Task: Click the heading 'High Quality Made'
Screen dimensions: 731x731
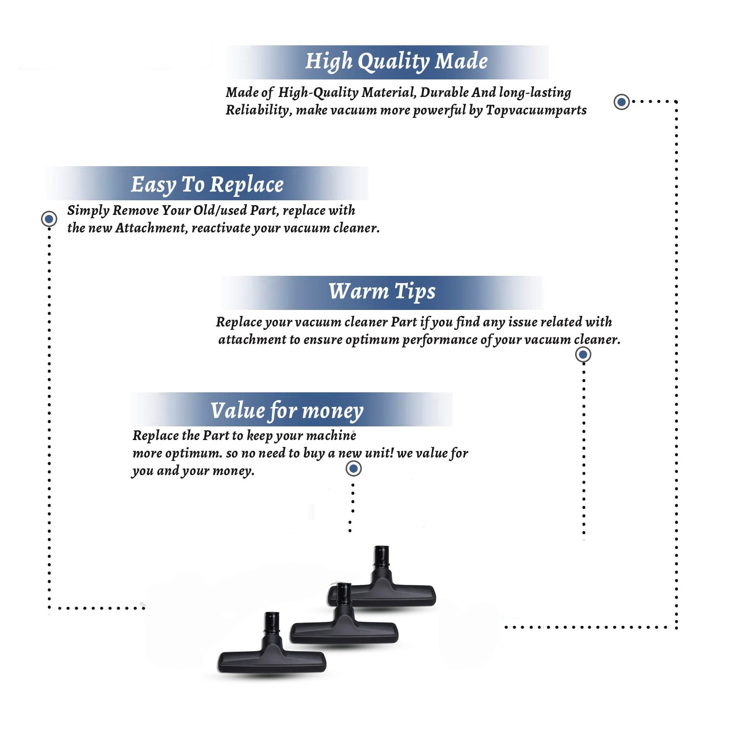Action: coord(396,62)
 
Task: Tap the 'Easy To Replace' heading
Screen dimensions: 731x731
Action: coord(207,185)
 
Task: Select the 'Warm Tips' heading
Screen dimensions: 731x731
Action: coord(382,291)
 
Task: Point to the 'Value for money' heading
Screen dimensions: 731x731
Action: coord(287,411)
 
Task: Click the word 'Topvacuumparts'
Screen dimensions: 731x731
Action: coord(536,110)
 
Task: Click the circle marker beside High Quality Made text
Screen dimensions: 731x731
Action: coord(621,102)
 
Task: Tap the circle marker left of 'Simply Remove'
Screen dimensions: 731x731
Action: coord(49,219)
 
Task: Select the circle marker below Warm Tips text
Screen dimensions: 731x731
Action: coord(583,354)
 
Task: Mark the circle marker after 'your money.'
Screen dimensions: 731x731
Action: coord(353,469)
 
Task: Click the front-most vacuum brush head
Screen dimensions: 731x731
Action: coord(272,643)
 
